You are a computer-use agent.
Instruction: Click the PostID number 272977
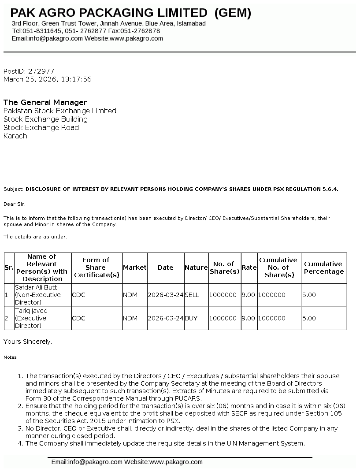pos(41,71)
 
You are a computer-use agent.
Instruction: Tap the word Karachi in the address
pos(16,136)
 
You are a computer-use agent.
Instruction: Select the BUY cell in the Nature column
pos(191,318)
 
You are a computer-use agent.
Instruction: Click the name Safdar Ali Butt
pos(36,287)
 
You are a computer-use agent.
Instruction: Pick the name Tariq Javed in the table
pos(31,311)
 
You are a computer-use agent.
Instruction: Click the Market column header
pos(134,268)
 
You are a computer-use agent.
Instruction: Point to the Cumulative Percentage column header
pos(323,268)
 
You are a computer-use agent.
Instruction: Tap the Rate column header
pos(249,268)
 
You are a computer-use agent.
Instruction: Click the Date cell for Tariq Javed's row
pos(165,318)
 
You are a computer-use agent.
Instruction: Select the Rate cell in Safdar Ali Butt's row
pos(249,295)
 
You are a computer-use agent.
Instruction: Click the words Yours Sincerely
pos(28,342)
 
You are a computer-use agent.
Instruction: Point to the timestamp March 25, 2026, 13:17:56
pos(48,79)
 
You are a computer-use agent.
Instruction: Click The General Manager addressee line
pos(45,103)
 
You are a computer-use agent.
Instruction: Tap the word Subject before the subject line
pos(13,189)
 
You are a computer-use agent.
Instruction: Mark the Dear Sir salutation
pos(15,204)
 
